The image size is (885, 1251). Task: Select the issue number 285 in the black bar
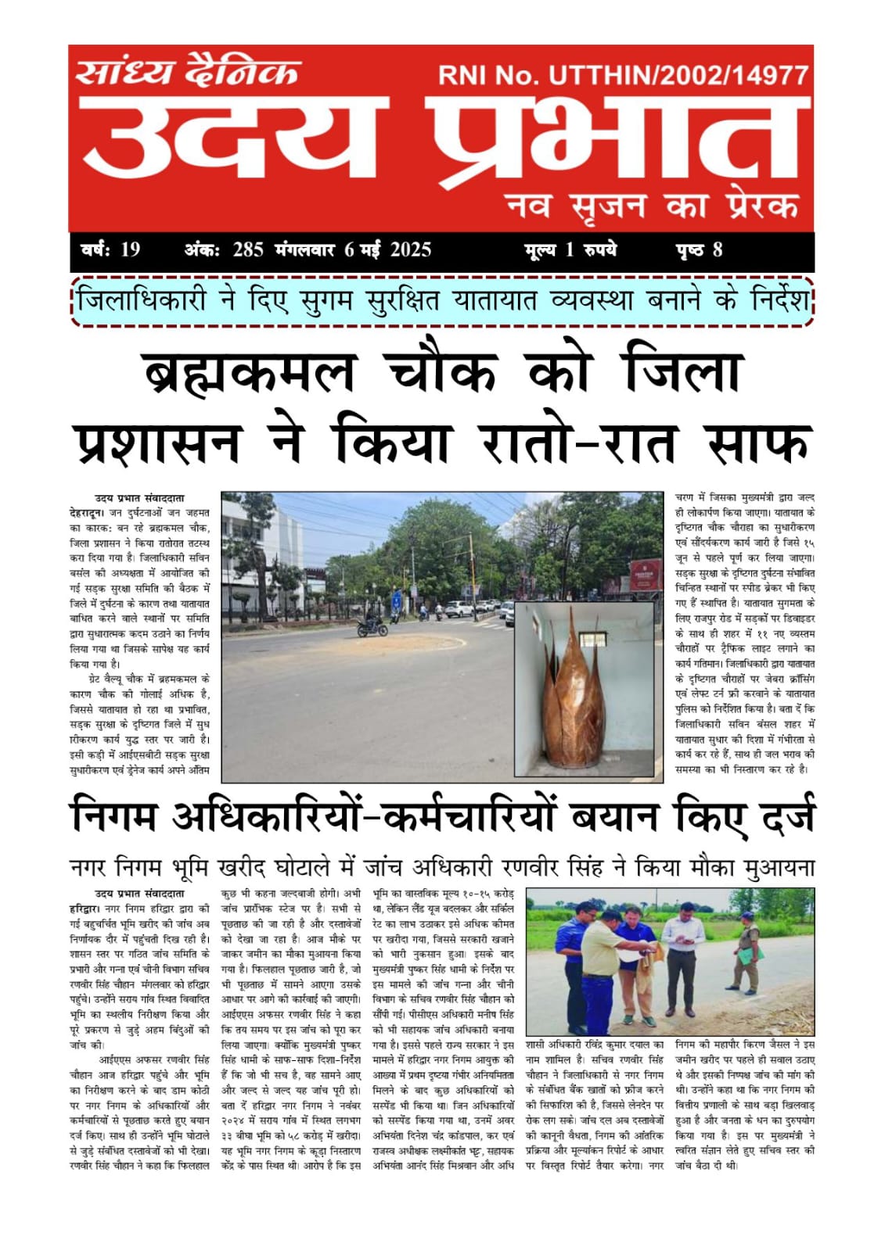248,249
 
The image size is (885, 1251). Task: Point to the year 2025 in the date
410,249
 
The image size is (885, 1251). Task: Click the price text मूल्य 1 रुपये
570,249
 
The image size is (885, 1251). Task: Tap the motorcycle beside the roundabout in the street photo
372,625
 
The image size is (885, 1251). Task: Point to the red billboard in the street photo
646,571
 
